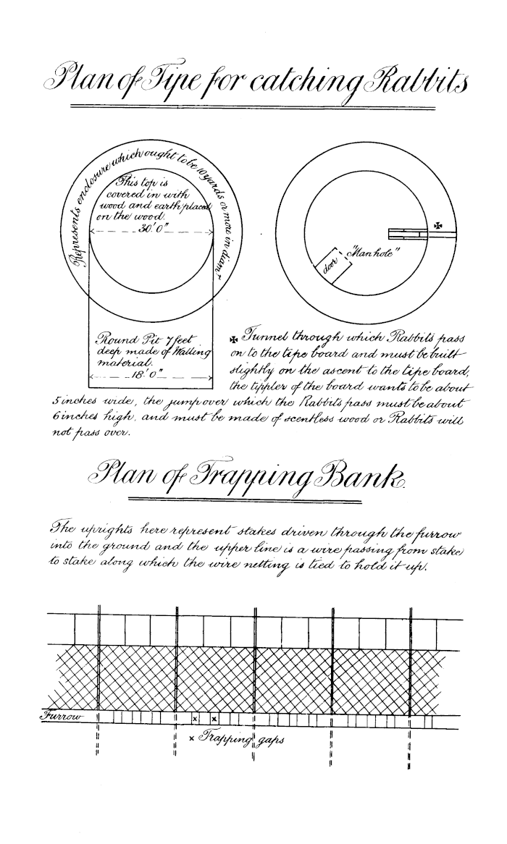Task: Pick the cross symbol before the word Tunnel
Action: point(233,339)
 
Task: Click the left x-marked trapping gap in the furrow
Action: point(196,719)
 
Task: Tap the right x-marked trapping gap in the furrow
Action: point(214,719)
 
